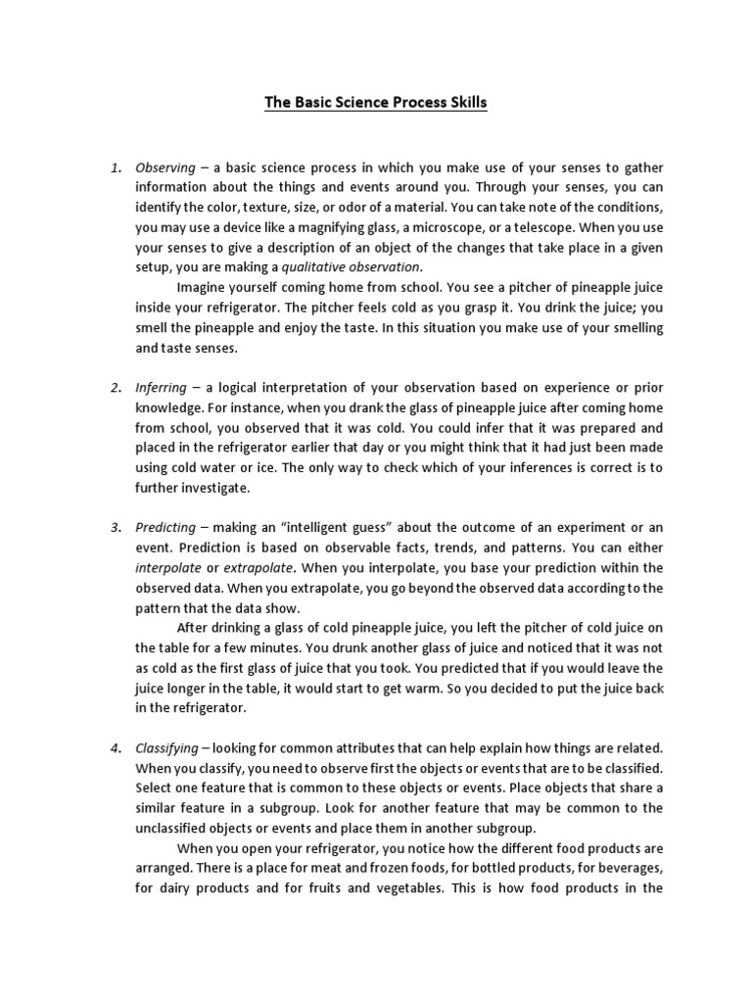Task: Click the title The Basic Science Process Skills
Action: coord(375,102)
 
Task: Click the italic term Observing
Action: coord(164,167)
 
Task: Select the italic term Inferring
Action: coord(161,387)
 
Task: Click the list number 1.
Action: coord(115,167)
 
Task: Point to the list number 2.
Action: coord(115,387)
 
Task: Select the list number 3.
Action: coord(115,528)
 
